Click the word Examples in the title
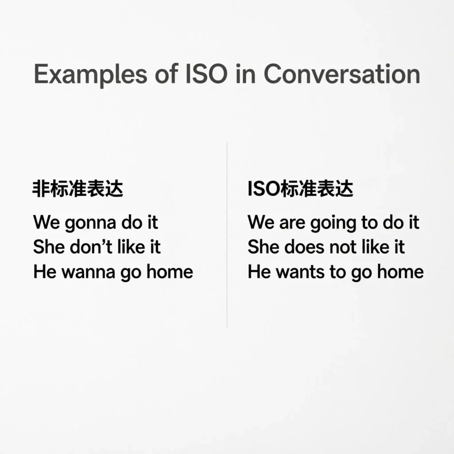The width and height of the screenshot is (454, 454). coord(90,74)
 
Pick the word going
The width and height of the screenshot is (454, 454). coord(334,223)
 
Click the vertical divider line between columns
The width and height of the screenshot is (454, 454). coord(227,235)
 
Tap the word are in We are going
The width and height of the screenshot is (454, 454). coord(292,223)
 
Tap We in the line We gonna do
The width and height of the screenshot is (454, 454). coord(46,223)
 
